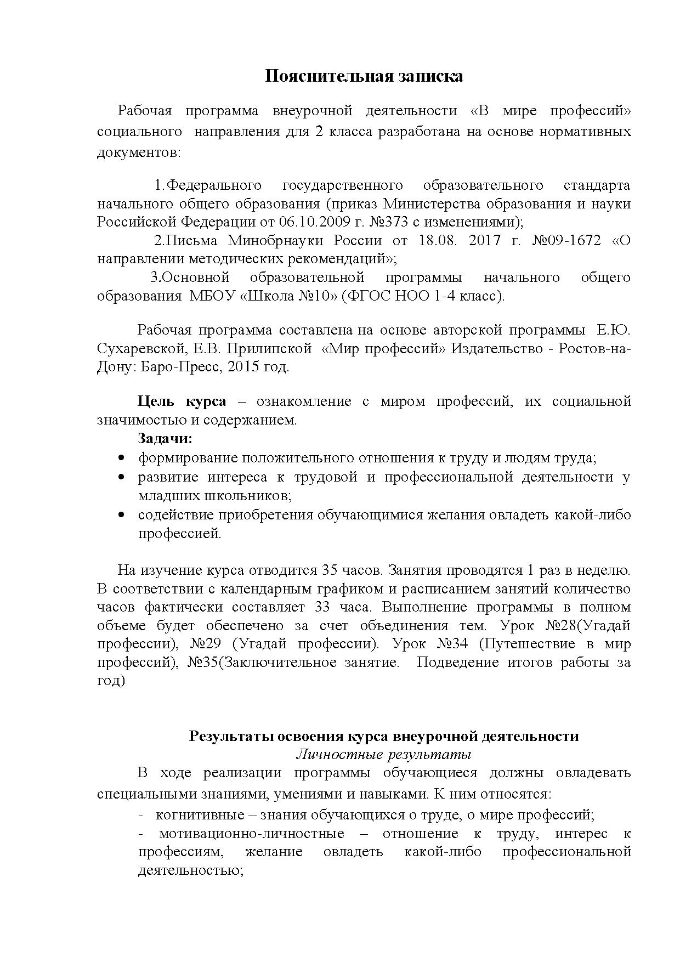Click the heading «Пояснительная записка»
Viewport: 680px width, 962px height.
click(x=364, y=76)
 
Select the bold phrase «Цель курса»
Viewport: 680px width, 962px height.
click(x=182, y=401)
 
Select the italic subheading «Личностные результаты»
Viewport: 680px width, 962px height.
click(x=383, y=755)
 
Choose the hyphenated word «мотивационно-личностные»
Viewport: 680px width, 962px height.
click(x=252, y=834)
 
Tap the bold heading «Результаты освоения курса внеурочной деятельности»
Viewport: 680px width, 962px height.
click(x=383, y=736)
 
